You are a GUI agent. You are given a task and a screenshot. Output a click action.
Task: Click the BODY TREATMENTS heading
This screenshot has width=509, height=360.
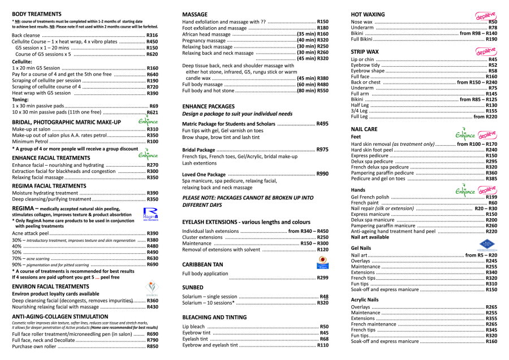pyautogui.click(x=37, y=13)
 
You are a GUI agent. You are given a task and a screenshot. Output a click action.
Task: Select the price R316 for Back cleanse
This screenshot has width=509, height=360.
pyautogui.click(x=152, y=35)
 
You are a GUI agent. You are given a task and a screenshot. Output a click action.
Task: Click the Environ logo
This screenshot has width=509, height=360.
pyautogui.click(x=150, y=287)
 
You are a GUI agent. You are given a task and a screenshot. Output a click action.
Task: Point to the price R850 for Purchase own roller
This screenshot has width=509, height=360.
pyautogui.click(x=152, y=346)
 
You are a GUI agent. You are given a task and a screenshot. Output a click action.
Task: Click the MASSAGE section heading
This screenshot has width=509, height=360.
pyautogui.click(x=195, y=13)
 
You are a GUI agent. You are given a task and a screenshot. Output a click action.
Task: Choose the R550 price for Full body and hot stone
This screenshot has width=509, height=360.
pyautogui.click(x=321, y=90)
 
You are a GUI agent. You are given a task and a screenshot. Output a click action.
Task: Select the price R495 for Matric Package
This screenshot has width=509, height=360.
pyautogui.click(x=322, y=124)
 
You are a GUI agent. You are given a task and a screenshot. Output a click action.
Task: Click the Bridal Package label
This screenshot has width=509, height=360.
pyautogui.click(x=199, y=150)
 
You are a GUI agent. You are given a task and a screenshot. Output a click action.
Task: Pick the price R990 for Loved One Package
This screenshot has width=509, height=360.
pyautogui.click(x=322, y=174)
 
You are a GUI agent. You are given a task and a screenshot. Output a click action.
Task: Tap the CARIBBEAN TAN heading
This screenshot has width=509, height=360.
pyautogui.click(x=202, y=264)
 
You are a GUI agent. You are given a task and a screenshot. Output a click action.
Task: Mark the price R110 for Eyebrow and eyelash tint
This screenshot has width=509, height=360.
pyautogui.click(x=322, y=345)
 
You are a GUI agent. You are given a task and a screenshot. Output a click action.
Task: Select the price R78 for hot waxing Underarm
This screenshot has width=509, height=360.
pyautogui.click(x=493, y=27)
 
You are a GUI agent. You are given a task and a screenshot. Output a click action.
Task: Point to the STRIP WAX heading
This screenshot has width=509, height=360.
pyautogui.click(x=365, y=51)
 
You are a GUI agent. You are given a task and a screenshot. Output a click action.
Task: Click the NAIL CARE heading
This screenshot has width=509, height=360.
pyautogui.click(x=364, y=129)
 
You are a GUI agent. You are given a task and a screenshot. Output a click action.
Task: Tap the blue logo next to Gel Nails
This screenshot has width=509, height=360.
pyautogui.click(x=487, y=245)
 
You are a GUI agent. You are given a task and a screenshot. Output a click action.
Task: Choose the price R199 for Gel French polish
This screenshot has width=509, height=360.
pyautogui.click(x=491, y=197)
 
